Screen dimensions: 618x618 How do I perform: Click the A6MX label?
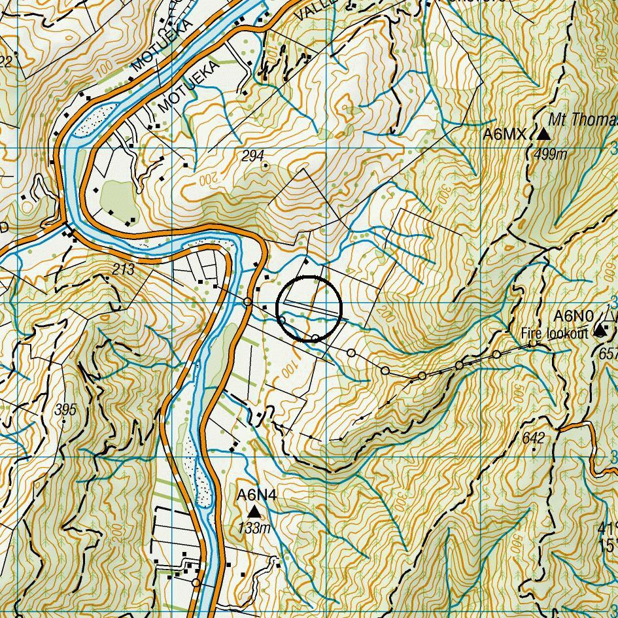pyautogui.click(x=504, y=135)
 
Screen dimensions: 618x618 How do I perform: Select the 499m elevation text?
pyautogui.click(x=550, y=154)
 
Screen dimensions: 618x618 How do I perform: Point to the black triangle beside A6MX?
pyautogui.click(x=543, y=135)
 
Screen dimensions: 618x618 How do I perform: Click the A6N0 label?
pyautogui.click(x=574, y=317)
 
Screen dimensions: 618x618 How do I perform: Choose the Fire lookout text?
pyautogui.click(x=555, y=333)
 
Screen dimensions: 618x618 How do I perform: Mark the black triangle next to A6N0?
pyautogui.click(x=600, y=330)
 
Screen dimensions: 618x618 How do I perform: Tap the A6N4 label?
pyautogui.click(x=256, y=496)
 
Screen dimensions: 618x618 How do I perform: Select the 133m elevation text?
pyautogui.click(x=254, y=528)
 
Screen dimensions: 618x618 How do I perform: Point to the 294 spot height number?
pyautogui.click(x=252, y=156)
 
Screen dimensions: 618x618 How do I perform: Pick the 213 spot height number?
pyautogui.click(x=123, y=269)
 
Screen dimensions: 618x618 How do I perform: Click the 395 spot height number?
pyautogui.click(x=66, y=410)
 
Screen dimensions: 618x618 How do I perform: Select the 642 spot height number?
pyautogui.click(x=534, y=438)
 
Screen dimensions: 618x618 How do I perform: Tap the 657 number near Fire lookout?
pyautogui.click(x=609, y=353)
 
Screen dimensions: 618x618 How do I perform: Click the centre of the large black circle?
pyautogui.click(x=309, y=309)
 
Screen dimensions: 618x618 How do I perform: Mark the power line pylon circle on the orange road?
pyautogui.click(x=248, y=301)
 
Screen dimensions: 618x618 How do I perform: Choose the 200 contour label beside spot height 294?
pyautogui.click(x=207, y=177)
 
